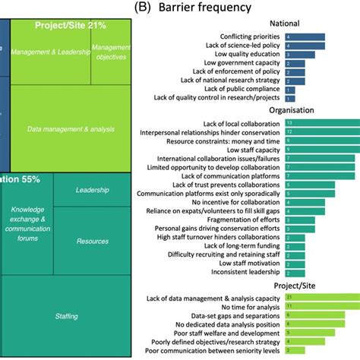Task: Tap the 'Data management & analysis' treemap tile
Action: [73, 128]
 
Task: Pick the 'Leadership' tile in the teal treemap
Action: [93, 190]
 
